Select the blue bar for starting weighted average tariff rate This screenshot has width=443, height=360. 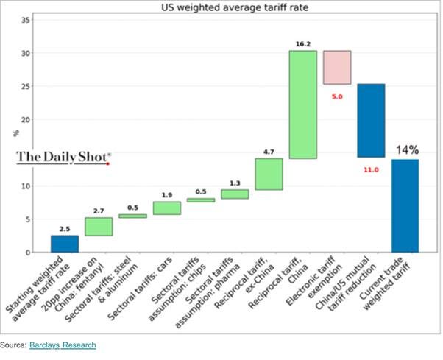click(65, 244)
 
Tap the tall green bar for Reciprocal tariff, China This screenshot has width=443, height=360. click(302, 105)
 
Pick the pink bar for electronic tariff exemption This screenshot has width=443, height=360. click(337, 67)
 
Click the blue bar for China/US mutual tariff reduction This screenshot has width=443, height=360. click(371, 121)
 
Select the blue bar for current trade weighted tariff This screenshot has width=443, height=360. click(405, 205)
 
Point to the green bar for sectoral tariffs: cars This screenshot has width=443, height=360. click(167, 208)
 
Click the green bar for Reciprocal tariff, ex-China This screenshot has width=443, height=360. click(269, 174)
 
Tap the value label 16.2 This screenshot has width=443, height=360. click(302, 44)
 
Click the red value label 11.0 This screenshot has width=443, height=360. click(371, 169)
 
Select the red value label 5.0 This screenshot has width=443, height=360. click(337, 96)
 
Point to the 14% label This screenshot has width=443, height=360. click(407, 150)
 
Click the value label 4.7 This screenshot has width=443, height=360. click(269, 152)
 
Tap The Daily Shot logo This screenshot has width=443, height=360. click(64, 156)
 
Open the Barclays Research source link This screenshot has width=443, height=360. click(62, 345)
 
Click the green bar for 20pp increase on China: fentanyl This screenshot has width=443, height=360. click(99, 227)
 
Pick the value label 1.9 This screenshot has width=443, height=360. click(167, 195)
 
